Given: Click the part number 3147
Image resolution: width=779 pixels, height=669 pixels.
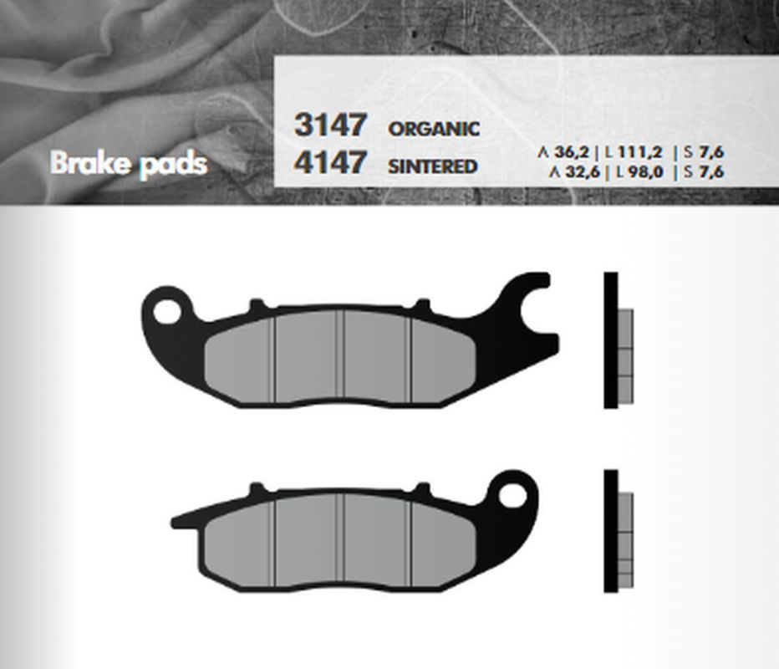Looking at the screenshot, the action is [x=330, y=125].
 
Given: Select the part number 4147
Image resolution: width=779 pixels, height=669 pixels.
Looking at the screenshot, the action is [x=330, y=161].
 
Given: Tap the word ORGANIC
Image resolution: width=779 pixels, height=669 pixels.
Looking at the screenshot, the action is [x=434, y=130].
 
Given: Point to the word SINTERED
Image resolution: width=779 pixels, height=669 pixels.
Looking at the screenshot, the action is [x=432, y=166].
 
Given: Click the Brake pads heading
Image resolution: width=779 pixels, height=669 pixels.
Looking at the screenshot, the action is [x=129, y=164].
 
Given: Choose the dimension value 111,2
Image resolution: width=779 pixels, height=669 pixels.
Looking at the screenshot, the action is [x=640, y=152].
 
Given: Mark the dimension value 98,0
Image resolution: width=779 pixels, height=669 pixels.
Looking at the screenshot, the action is [x=645, y=172].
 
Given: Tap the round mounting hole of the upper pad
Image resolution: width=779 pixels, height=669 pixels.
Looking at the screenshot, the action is [x=167, y=312].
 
